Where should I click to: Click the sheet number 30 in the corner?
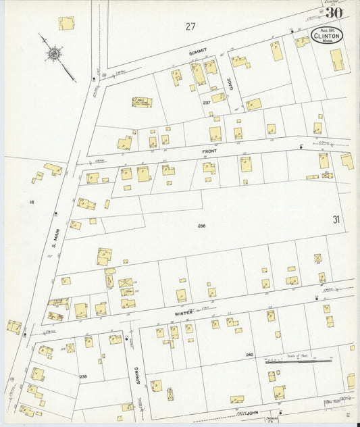(x=334, y=12)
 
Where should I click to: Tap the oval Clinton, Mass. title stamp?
(x=327, y=35)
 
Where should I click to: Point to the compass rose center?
(x=53, y=51)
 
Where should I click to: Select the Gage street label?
(x=230, y=82)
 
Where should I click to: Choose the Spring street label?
(x=136, y=374)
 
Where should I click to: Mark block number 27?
(x=190, y=26)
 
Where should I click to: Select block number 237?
(x=206, y=102)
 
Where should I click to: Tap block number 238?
(x=201, y=225)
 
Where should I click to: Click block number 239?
(x=83, y=376)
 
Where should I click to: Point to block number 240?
(x=249, y=354)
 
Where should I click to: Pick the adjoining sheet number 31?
(x=336, y=219)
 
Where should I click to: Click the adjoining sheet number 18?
(x=31, y=202)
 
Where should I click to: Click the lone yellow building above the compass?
(x=66, y=23)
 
